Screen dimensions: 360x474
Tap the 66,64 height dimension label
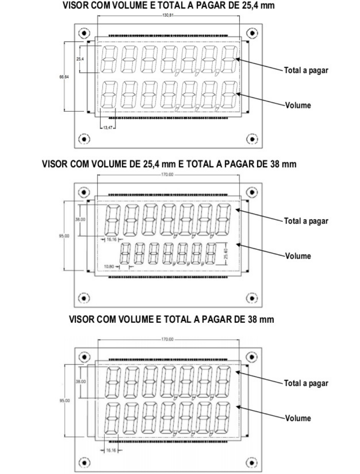click(64, 77)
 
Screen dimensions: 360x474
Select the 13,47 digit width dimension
click(108, 128)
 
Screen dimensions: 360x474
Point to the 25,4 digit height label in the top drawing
click(80, 59)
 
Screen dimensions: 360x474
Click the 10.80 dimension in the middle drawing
click(109, 267)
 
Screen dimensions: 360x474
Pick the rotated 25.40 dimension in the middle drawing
click(226, 253)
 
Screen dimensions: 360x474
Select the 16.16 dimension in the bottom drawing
click(111, 450)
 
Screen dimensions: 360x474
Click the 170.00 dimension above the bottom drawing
click(167, 339)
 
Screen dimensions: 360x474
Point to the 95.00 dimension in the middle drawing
click(64, 236)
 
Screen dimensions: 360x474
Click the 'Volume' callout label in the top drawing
click(298, 105)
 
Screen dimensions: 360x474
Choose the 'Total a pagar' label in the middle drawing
click(306, 221)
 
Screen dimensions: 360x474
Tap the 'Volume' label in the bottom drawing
click(298, 418)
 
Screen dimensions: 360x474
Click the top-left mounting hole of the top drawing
click(84, 33)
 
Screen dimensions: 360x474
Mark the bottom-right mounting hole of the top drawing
click(252, 139)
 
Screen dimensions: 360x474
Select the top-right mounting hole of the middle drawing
click(252, 192)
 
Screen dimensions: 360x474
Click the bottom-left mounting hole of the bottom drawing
click(84, 462)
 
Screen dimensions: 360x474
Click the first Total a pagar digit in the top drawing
click(109, 59)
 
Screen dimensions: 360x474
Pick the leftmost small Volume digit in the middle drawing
click(125, 254)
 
